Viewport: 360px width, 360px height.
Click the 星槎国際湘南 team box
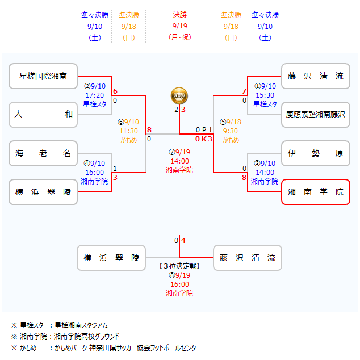pyautogui.click(x=43, y=76)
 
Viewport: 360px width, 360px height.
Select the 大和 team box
pyautogui.click(x=43, y=114)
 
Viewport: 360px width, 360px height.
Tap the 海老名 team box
pyautogui.click(x=43, y=153)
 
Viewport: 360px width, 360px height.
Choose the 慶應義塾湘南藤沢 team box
pyautogui.click(x=316, y=114)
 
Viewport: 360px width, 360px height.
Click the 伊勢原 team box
pyautogui.click(x=316, y=153)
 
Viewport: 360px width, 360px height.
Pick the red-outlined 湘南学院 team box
pyautogui.click(x=316, y=192)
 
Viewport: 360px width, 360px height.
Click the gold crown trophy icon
pyautogui.click(x=179, y=95)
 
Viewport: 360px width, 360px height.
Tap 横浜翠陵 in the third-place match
pyautogui.click(x=111, y=257)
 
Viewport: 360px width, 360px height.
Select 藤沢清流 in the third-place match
pyautogui.click(x=248, y=257)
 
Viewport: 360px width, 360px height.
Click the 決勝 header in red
pyautogui.click(x=179, y=15)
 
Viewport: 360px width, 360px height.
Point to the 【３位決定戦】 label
pyautogui.click(x=179, y=266)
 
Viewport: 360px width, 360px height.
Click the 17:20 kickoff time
pyautogui.click(x=94, y=95)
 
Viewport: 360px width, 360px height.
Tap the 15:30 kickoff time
pyautogui.click(x=265, y=95)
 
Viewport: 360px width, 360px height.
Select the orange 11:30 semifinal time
pyautogui.click(x=128, y=131)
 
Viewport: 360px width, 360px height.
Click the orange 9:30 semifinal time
pyautogui.click(x=231, y=131)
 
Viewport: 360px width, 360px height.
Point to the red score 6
pyautogui.click(x=115, y=91)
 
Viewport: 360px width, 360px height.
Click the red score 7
pyautogui.click(x=244, y=91)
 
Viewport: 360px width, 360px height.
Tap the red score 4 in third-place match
pyautogui.click(x=183, y=240)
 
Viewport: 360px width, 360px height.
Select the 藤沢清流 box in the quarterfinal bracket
pyautogui.click(x=316, y=76)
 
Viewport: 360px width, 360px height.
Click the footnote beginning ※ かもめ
pyautogui.click(x=106, y=348)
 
